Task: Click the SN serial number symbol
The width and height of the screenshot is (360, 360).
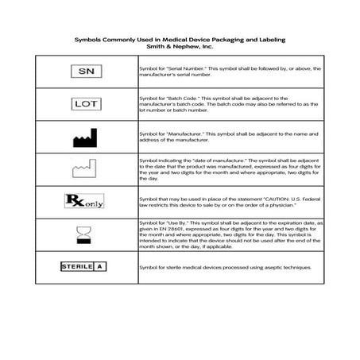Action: (x=87, y=72)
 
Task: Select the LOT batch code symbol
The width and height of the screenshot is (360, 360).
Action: (x=87, y=103)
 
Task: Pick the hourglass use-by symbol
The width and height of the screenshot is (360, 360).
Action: (x=83, y=233)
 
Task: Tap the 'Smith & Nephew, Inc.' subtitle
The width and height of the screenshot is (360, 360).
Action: (x=180, y=47)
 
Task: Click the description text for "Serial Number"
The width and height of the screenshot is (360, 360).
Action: (x=229, y=72)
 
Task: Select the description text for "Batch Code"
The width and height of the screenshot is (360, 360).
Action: (x=229, y=103)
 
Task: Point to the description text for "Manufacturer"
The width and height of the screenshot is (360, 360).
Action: (x=229, y=136)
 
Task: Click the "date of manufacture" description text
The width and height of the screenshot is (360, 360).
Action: (x=229, y=168)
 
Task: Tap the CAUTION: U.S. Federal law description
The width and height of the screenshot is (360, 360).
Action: (x=229, y=200)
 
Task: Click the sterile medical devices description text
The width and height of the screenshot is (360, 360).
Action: (x=224, y=268)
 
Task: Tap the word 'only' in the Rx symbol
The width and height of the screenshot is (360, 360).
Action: (x=94, y=202)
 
